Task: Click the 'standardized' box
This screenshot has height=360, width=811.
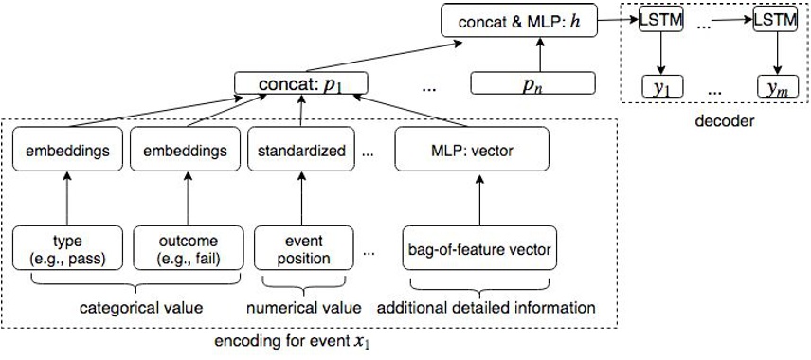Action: click(x=299, y=150)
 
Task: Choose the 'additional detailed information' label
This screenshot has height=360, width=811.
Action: click(x=487, y=307)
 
